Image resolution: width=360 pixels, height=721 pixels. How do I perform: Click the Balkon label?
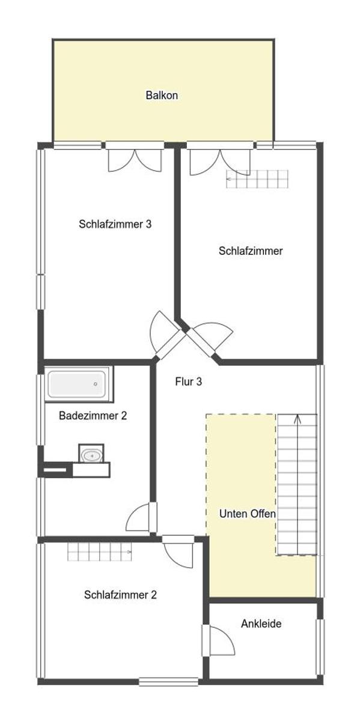pos(162,96)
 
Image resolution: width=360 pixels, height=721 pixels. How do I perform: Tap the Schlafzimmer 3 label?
pos(115,224)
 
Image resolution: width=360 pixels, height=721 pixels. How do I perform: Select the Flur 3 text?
pos(188,382)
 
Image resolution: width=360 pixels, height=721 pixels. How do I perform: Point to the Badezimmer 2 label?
pos(93,416)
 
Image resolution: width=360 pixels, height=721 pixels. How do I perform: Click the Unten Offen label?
pos(247,514)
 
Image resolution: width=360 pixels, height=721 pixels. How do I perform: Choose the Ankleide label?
pos(261,624)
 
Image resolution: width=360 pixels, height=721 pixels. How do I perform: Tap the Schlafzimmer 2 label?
pos(120,595)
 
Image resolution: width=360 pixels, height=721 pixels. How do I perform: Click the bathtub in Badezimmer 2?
pos(77,384)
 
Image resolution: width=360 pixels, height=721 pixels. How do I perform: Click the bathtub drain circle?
pos(96,384)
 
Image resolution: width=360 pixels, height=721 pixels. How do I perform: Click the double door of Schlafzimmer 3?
pos(135,160)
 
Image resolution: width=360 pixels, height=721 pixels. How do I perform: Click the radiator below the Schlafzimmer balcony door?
pos(257,179)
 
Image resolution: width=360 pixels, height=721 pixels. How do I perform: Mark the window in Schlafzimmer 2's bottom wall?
pos(168,682)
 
